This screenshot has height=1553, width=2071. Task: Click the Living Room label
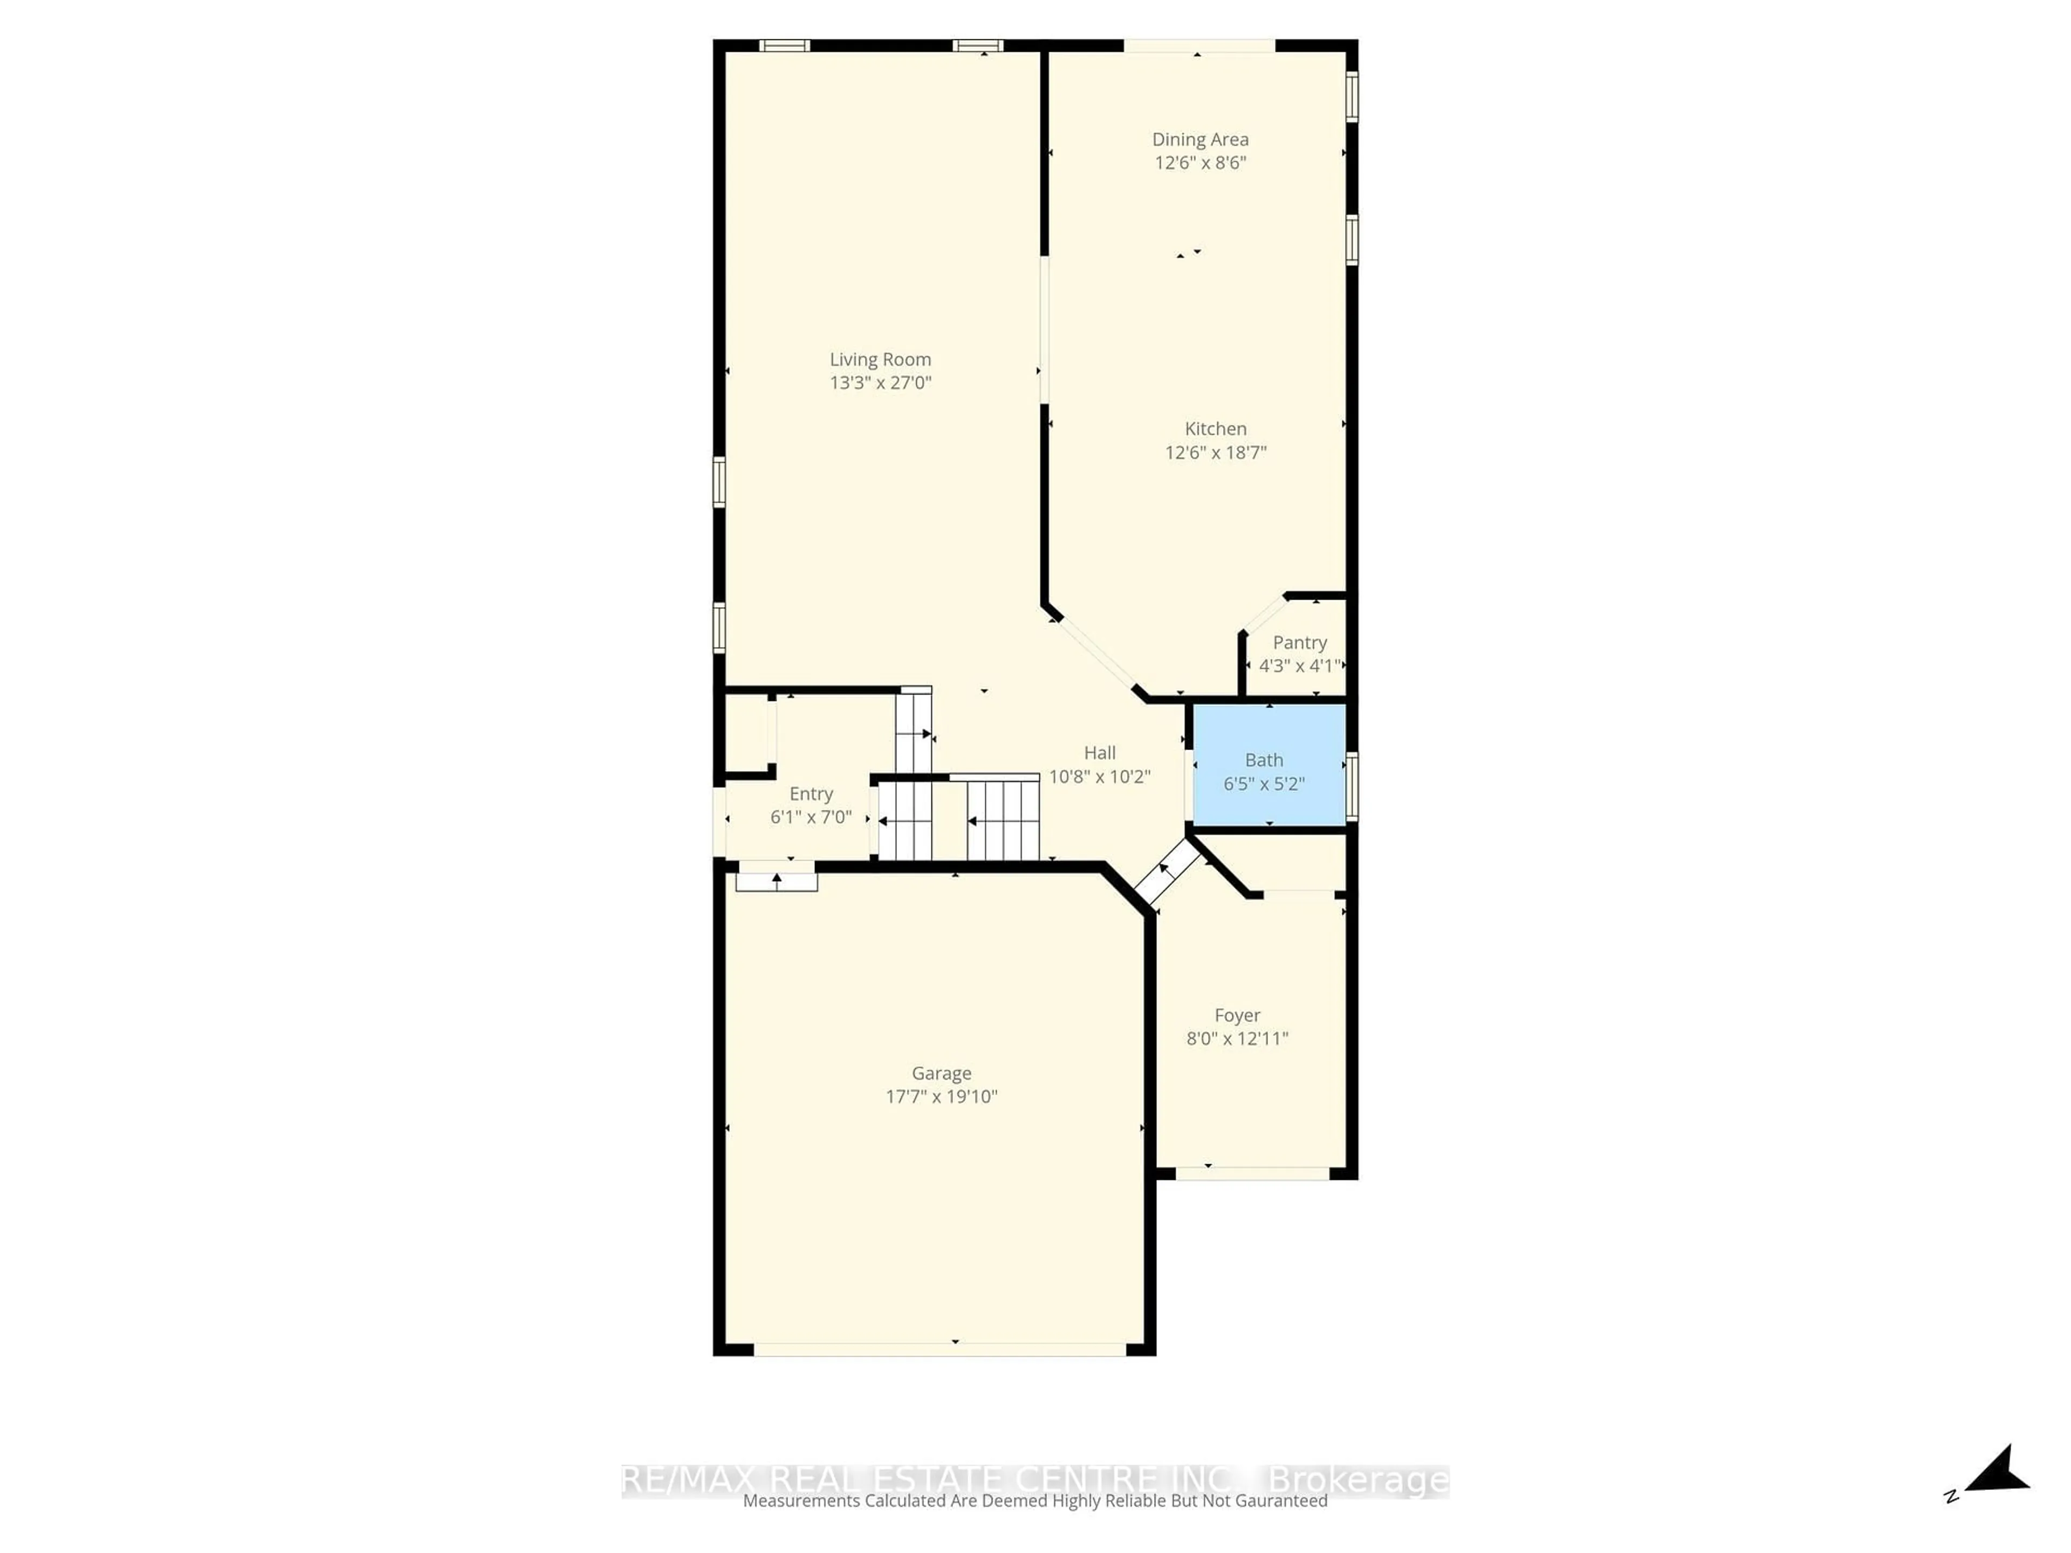click(x=880, y=360)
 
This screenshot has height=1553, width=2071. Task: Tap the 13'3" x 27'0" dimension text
click(x=880, y=383)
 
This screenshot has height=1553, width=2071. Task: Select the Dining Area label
click(x=1199, y=140)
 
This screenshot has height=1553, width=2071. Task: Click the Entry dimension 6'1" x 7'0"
click(x=811, y=817)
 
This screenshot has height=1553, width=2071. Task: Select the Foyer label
click(x=1237, y=1016)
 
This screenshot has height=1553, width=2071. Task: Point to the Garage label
click(x=941, y=1074)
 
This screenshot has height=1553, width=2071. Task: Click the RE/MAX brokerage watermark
click(x=1034, y=1480)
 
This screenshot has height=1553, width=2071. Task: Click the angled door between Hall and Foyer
click(x=1167, y=870)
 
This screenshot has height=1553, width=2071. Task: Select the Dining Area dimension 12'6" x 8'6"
click(x=1199, y=163)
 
